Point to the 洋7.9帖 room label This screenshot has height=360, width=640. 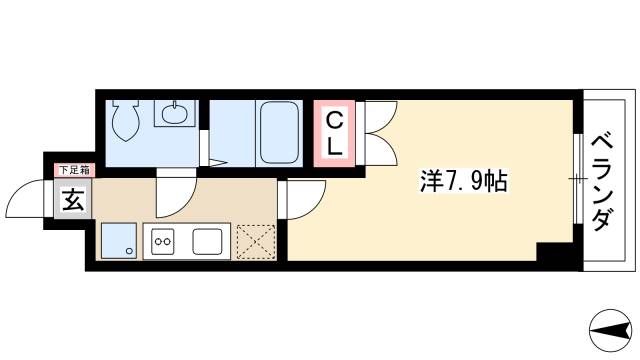[461, 181]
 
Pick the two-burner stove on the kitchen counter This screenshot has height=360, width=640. [162, 241]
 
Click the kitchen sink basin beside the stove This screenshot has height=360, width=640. [208, 241]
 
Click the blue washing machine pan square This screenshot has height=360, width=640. [119, 241]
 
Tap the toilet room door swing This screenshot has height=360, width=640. [173, 190]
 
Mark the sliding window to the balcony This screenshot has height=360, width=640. [577, 179]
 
